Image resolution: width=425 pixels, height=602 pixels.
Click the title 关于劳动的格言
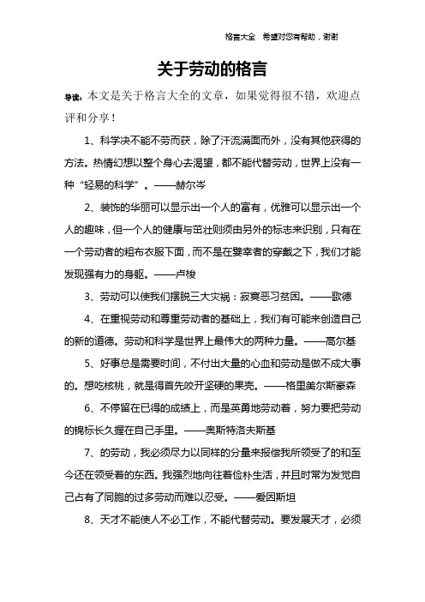(212, 68)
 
